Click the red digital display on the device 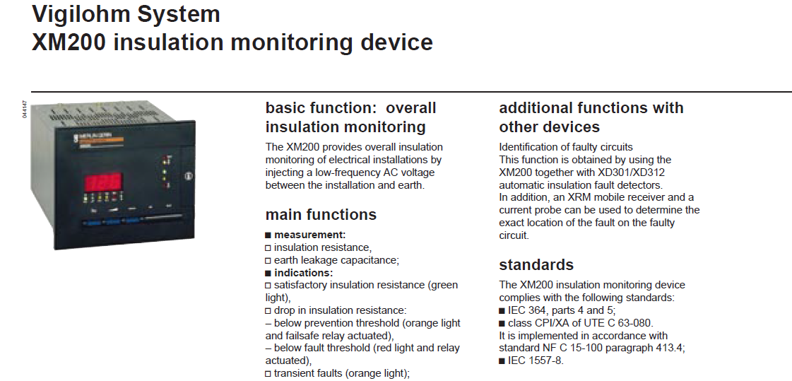[102, 182]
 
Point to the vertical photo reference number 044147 [25, 110]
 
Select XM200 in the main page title [69, 42]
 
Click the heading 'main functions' [321, 214]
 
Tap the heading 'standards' [536, 265]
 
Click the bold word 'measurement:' [309, 235]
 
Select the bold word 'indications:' [303, 273]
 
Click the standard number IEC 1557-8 [536, 361]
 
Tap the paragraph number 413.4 [669, 348]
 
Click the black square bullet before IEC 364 [502, 311]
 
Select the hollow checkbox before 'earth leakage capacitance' [268, 261]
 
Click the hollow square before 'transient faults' [268, 374]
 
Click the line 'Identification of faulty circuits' [566, 147]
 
